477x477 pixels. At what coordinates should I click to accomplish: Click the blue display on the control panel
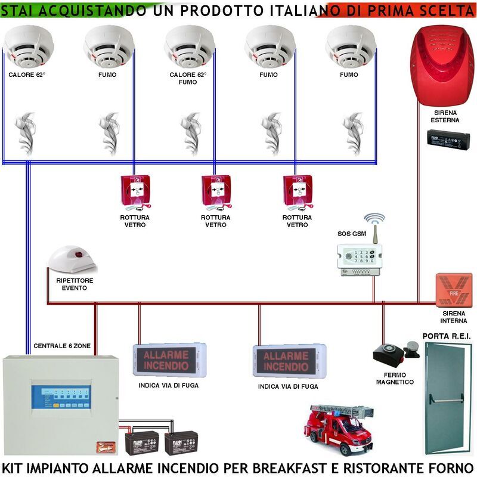[61, 397]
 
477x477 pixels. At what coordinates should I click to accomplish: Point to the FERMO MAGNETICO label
[395, 378]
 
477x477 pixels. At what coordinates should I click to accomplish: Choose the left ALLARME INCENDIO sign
[169, 360]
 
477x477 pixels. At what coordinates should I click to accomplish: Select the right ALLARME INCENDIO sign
[289, 361]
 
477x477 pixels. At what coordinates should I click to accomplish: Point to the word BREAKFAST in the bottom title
[291, 467]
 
